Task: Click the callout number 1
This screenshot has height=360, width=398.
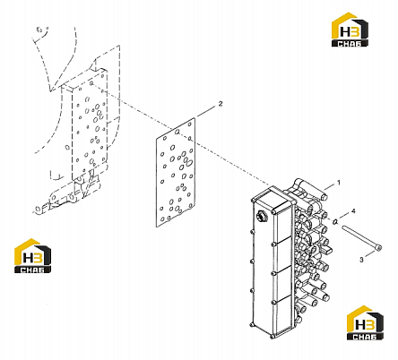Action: click(x=339, y=182)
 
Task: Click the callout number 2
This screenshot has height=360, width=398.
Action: click(x=221, y=104)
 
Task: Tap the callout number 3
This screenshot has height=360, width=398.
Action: click(x=361, y=260)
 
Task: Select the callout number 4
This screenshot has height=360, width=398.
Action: click(x=353, y=211)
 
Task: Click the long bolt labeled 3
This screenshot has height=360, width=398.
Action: click(x=362, y=237)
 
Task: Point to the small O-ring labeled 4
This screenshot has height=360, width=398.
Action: click(x=335, y=221)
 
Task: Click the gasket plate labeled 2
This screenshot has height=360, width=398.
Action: click(x=176, y=172)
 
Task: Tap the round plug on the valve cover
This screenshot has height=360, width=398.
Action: click(x=262, y=216)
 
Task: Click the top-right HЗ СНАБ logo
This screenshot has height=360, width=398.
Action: click(x=350, y=30)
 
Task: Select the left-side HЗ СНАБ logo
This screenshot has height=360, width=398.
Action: click(x=33, y=255)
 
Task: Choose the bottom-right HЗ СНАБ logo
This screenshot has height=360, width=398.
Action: click(x=365, y=322)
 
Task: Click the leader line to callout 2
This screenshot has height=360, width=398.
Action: click(x=206, y=111)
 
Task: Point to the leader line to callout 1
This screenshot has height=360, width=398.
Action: click(x=329, y=187)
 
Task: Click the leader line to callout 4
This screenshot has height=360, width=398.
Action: click(x=344, y=216)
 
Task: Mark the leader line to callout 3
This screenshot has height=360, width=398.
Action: click(x=370, y=255)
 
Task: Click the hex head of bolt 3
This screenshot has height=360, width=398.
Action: click(x=379, y=247)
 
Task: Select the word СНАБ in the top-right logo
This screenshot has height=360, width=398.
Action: click(x=350, y=43)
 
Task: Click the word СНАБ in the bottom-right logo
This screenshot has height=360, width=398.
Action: click(x=365, y=337)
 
